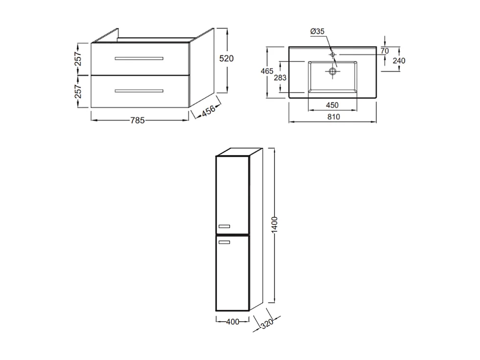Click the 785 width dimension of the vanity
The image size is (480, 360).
(137, 120)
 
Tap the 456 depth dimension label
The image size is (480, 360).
(209, 110)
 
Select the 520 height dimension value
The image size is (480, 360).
(226, 58)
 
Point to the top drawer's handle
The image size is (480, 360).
(139, 58)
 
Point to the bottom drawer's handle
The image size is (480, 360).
(139, 91)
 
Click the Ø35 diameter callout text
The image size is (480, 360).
(317, 31)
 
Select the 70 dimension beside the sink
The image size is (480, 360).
(384, 50)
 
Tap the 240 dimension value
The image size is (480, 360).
(399, 60)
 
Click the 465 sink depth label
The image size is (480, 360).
(267, 71)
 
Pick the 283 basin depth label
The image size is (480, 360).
(280, 77)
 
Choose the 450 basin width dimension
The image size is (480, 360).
(332, 106)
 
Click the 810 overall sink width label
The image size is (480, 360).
(333, 117)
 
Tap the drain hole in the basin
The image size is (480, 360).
(333, 72)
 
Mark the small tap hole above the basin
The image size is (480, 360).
(333, 54)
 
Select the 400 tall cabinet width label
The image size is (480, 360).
(233, 322)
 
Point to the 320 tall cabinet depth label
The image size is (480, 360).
(266, 323)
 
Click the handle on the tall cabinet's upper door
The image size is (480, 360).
(224, 226)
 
